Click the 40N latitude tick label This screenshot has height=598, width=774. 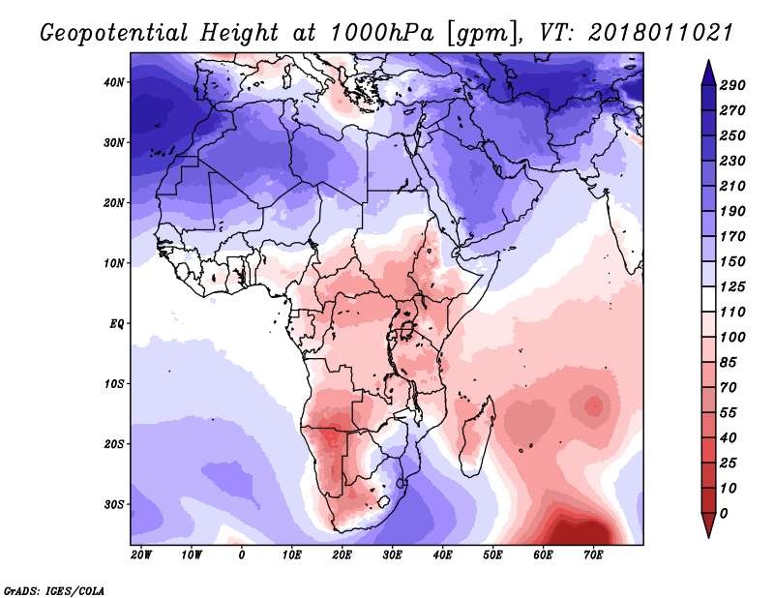click(114, 82)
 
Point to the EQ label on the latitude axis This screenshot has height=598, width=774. click(115, 323)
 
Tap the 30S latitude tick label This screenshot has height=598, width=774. click(114, 504)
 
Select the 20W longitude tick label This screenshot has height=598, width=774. click(141, 555)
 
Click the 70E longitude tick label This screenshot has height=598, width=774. click(594, 555)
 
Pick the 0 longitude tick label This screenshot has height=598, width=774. click(242, 555)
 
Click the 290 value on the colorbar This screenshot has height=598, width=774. click(732, 86)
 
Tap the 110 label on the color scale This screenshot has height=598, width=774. click(732, 312)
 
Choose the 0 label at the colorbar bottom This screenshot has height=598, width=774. click(724, 513)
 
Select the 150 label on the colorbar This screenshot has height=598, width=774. click(732, 261)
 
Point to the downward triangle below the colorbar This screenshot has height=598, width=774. click(707, 526)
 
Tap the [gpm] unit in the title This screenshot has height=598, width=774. click(472, 33)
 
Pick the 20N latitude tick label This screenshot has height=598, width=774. click(114, 203)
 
